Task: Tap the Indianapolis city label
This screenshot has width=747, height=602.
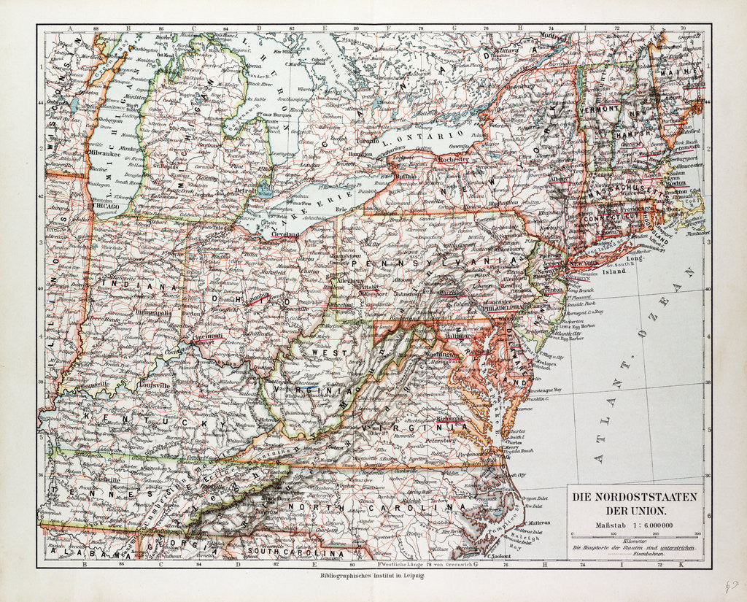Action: click(152, 312)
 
